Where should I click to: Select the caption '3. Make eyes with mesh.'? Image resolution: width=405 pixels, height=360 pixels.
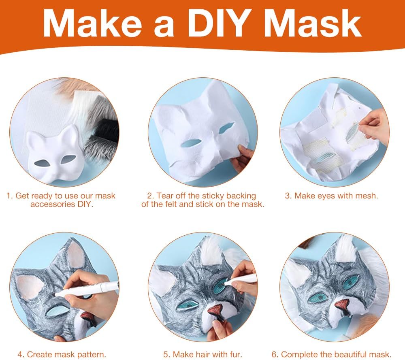pyautogui.click(x=331, y=196)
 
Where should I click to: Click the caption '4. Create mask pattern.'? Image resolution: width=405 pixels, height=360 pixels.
pyautogui.click(x=62, y=354)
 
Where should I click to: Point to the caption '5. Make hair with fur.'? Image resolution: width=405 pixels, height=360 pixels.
pyautogui.click(x=202, y=354)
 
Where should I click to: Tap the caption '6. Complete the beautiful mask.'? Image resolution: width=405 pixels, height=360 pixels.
pyautogui.click(x=331, y=354)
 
